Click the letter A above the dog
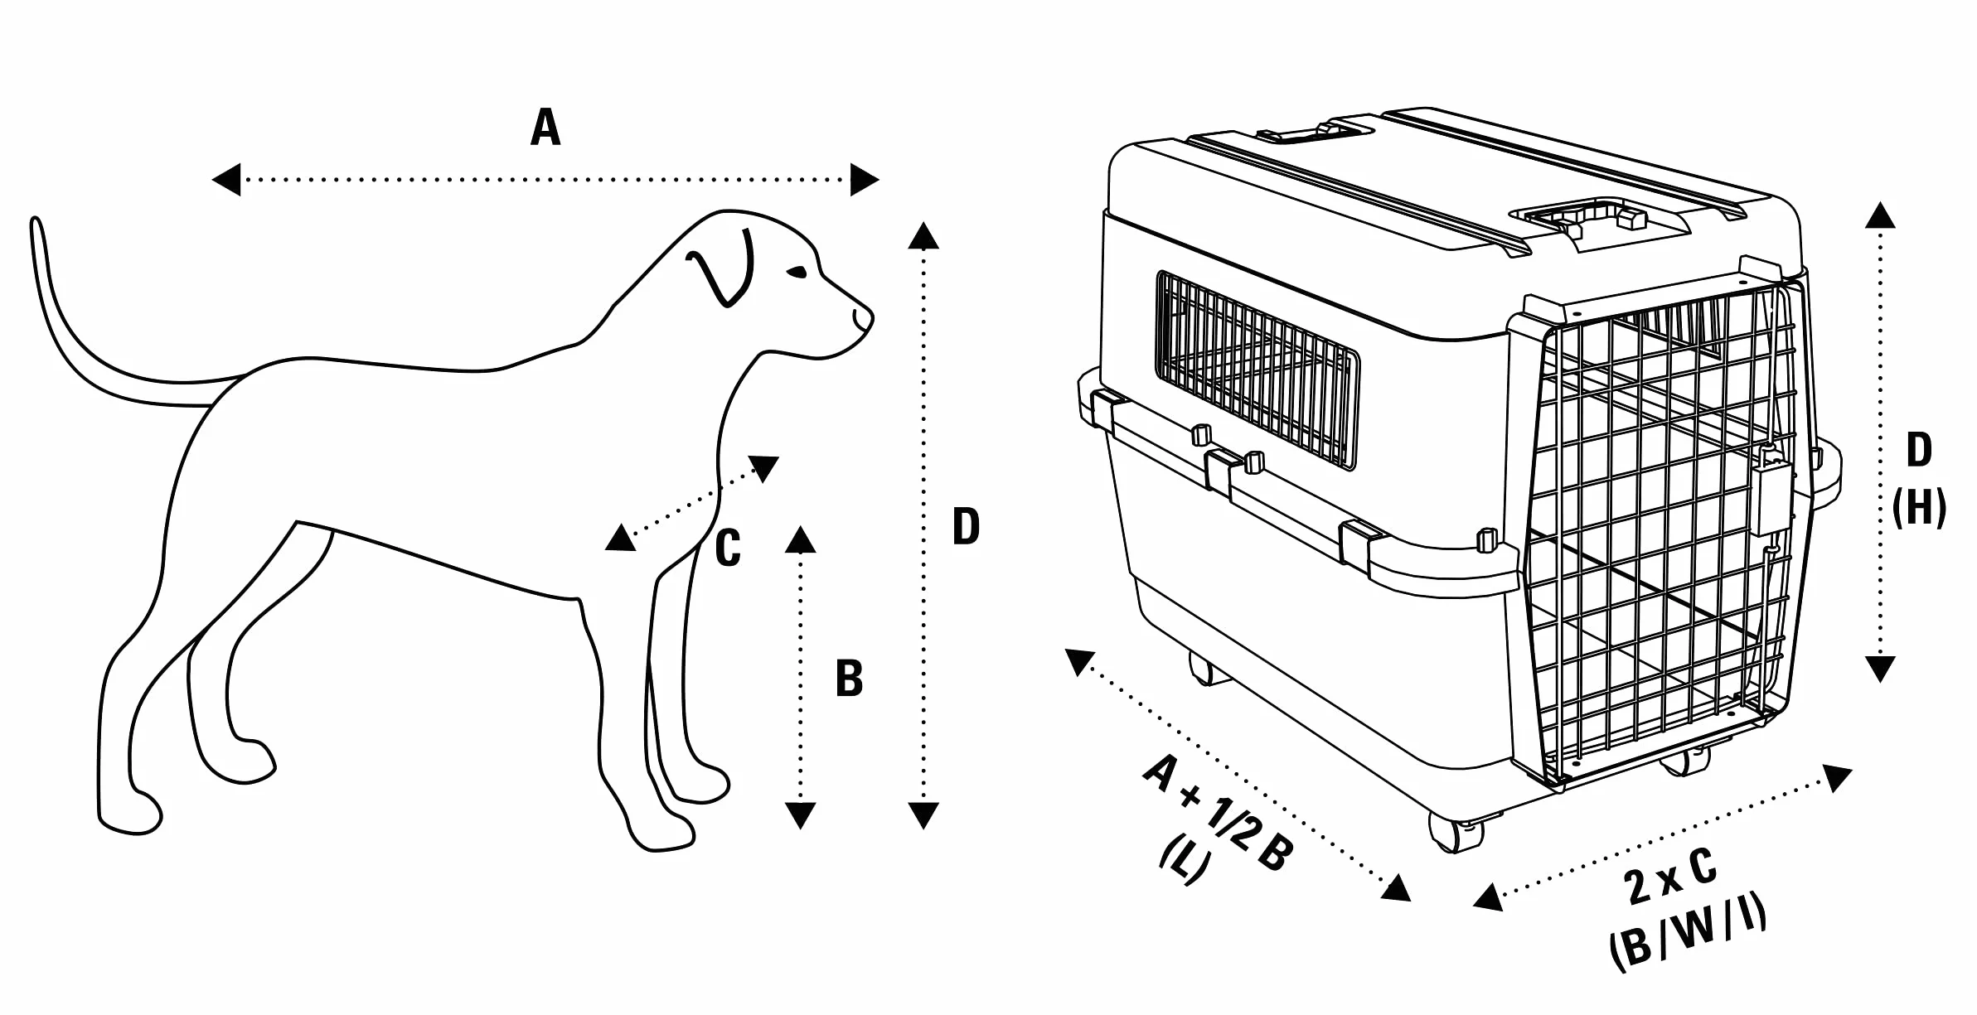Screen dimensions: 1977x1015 (x=545, y=128)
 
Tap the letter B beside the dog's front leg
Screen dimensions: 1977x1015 (x=849, y=679)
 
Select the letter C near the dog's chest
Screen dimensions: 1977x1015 (x=728, y=549)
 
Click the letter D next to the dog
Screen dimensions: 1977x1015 (x=966, y=526)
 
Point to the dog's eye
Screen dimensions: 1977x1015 (x=797, y=272)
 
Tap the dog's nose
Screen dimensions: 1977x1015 (x=865, y=318)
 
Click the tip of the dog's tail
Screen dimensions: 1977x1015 (x=35, y=222)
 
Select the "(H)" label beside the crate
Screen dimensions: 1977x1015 (x=1919, y=506)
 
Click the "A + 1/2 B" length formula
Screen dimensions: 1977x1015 (x=1218, y=814)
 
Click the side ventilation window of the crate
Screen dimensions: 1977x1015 (x=1257, y=370)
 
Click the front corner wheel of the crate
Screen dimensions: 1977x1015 (x=1456, y=831)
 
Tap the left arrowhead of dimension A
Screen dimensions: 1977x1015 (x=226, y=179)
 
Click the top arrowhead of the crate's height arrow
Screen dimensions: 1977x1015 (x=1880, y=215)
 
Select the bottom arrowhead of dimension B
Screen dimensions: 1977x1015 (x=800, y=815)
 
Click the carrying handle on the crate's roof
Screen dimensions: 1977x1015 (x=1595, y=217)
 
